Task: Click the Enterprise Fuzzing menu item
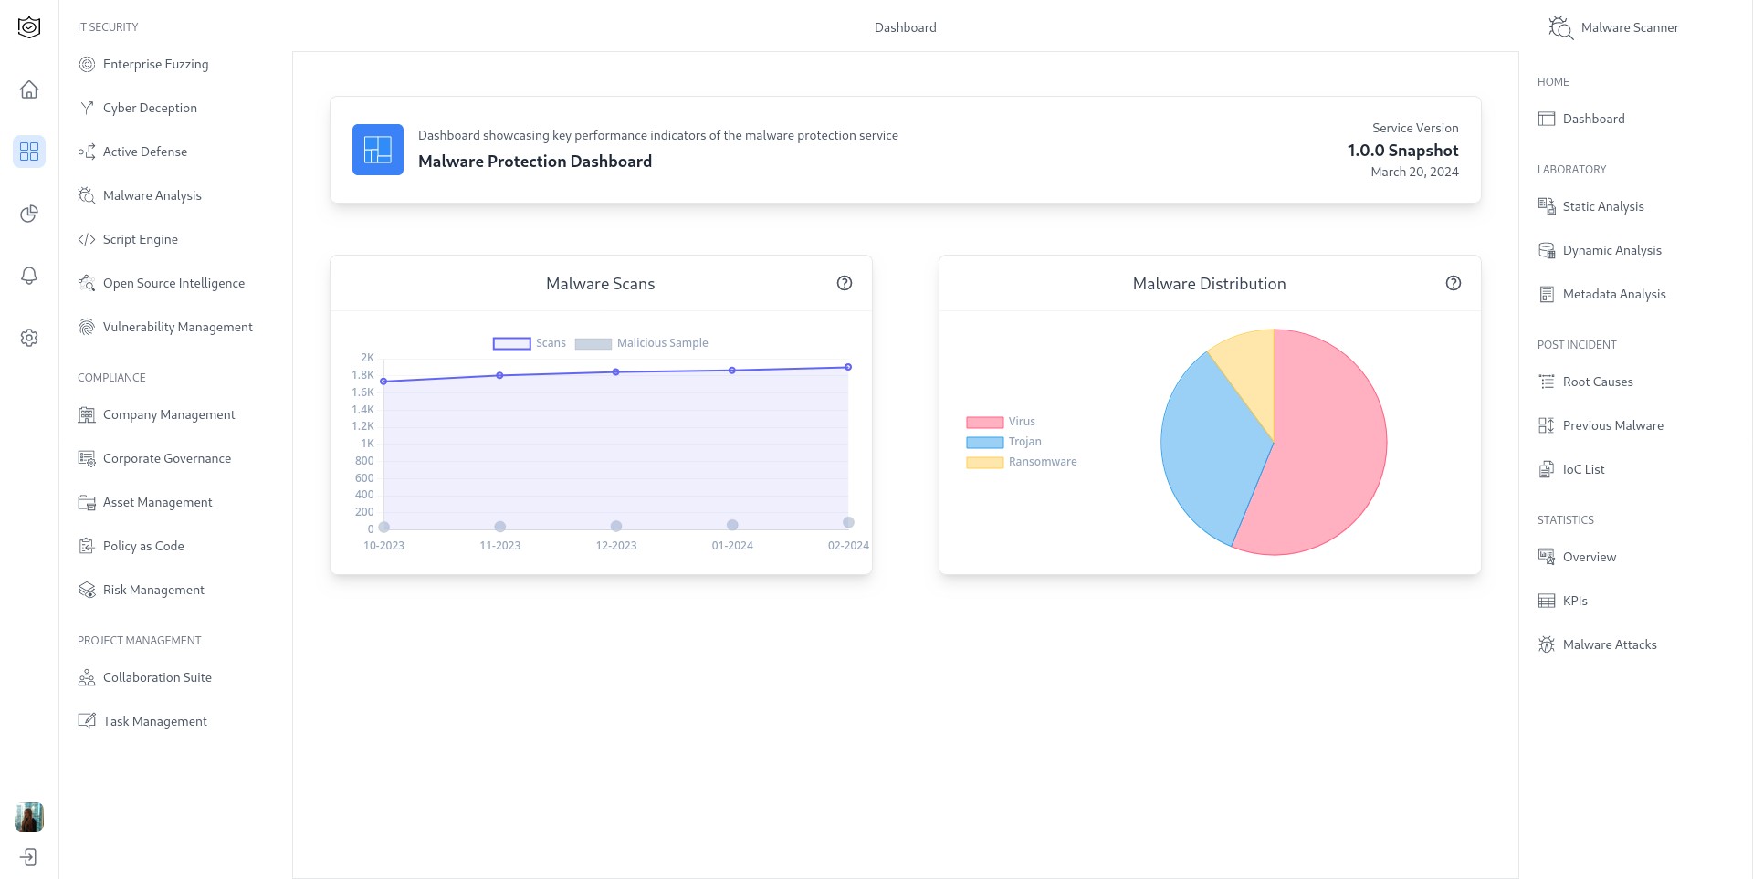click(x=155, y=64)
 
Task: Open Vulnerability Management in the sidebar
click(x=177, y=327)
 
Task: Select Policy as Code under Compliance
click(x=143, y=546)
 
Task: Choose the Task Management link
click(x=154, y=721)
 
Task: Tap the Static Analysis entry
click(x=1602, y=206)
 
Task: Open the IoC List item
click(x=1583, y=469)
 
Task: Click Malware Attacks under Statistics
click(x=1609, y=644)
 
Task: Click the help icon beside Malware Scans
click(x=845, y=283)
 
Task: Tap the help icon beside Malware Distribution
click(x=1454, y=283)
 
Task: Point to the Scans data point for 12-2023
click(x=616, y=372)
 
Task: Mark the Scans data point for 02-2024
click(x=848, y=367)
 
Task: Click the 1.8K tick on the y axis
click(x=362, y=375)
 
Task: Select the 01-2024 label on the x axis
click(x=732, y=546)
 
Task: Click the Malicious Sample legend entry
click(x=642, y=343)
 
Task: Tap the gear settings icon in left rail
click(x=29, y=338)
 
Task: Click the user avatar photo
click(x=29, y=817)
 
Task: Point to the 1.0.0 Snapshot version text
click(x=1402, y=151)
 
